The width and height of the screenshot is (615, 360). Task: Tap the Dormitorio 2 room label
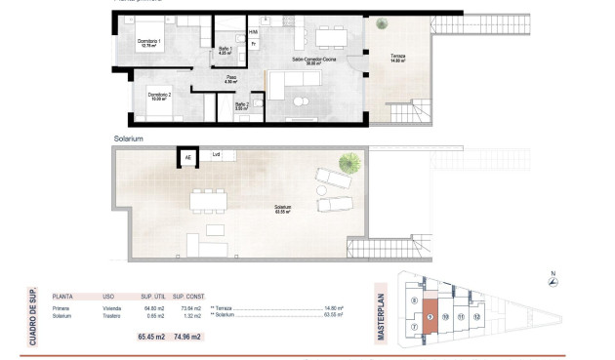coord(159,96)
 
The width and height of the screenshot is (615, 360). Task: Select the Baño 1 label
coord(224,51)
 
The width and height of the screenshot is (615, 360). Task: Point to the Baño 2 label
coord(241,106)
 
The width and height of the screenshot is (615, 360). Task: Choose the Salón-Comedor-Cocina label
coord(311,60)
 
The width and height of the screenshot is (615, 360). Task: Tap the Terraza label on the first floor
coord(395,60)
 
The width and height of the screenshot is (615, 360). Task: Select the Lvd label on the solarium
coord(216,155)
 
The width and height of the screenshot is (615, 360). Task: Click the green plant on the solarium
coord(348,163)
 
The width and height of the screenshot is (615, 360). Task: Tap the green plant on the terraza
coord(379,23)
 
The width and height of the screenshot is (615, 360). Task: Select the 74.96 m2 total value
coord(187,337)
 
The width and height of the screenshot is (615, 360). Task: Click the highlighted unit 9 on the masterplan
coord(430,318)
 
